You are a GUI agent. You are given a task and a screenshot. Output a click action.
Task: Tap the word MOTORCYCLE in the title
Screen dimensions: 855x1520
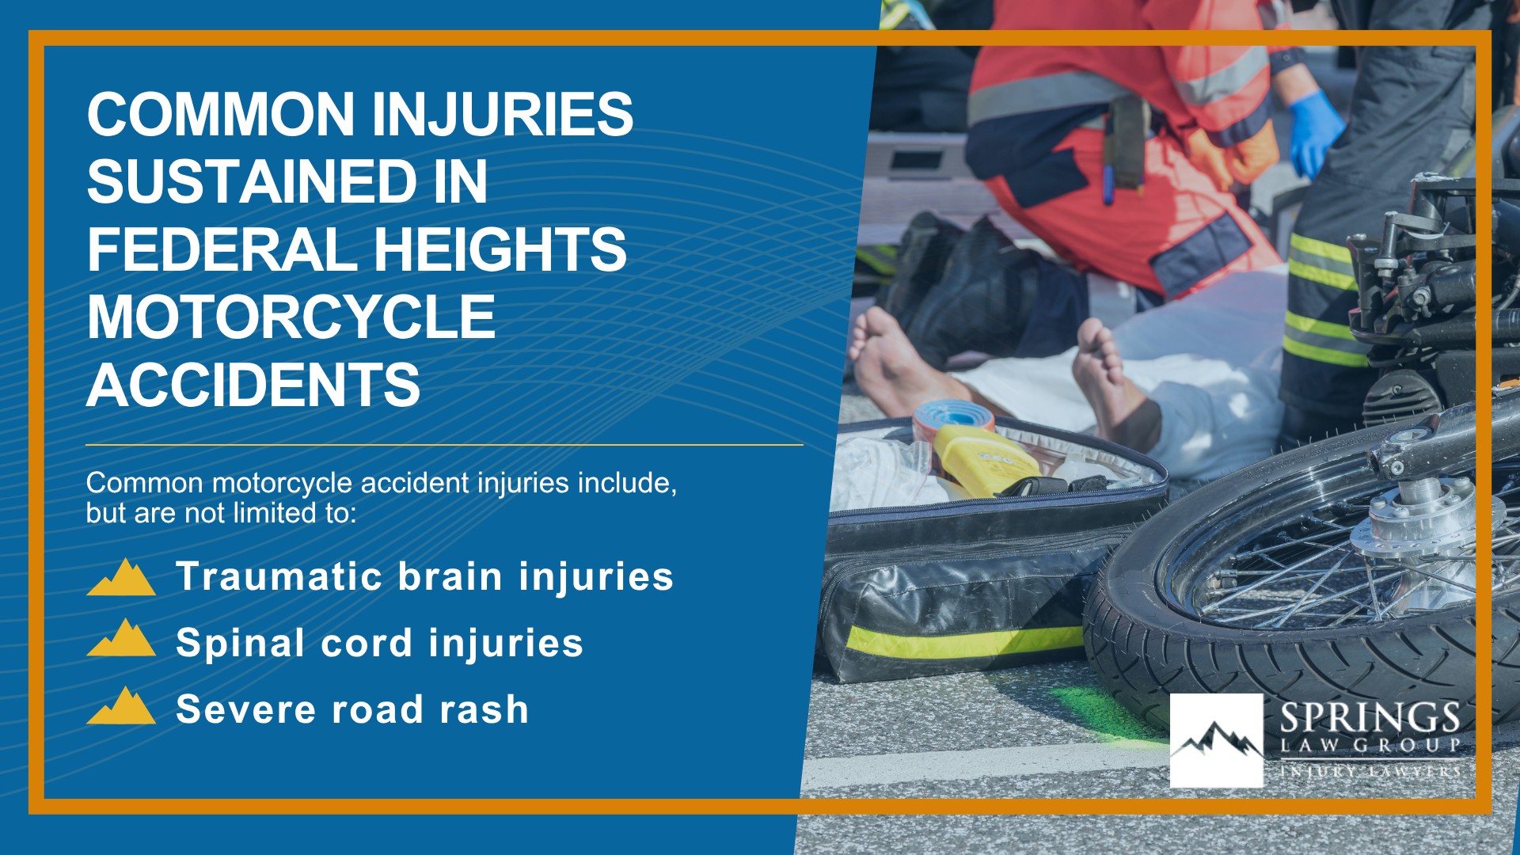[x=291, y=317]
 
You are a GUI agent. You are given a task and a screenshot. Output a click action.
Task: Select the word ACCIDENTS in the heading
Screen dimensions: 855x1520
[x=253, y=386]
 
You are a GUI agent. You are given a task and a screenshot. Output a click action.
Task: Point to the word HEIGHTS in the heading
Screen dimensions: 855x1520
[x=500, y=249]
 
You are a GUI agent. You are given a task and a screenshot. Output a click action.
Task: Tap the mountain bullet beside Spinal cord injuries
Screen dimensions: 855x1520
[x=121, y=638]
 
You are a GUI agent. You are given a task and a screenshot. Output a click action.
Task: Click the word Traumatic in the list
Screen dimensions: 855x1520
[x=279, y=576]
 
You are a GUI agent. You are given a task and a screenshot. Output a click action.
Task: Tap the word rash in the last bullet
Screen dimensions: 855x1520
[x=484, y=709]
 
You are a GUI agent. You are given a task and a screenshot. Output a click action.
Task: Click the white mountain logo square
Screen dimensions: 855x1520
[x=1216, y=740]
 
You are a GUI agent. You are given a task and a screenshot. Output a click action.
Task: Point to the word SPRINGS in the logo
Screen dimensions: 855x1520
[x=1370, y=718]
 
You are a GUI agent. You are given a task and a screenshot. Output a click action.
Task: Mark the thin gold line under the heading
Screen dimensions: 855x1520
[x=444, y=445]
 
